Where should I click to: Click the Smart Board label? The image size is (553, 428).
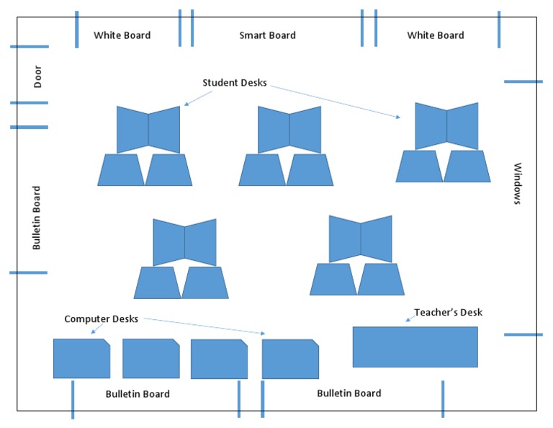[x=267, y=35]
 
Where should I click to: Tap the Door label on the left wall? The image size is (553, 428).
[x=37, y=77]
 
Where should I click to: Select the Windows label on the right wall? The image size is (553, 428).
[x=516, y=184]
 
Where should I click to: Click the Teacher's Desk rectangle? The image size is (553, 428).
[x=415, y=347]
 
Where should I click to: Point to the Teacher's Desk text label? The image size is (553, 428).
[x=448, y=313]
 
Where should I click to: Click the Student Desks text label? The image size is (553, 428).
[x=234, y=83]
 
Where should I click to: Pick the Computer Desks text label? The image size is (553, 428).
[x=101, y=318]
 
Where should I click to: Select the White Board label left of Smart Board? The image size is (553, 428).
[x=122, y=35]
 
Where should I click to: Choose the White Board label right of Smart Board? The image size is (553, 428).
[x=436, y=35]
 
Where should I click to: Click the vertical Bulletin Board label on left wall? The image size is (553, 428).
[x=37, y=218]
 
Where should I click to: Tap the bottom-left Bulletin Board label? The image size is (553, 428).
[x=138, y=393]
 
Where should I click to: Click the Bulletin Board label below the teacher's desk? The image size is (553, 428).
[x=349, y=393]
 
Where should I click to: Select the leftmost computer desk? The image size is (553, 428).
[x=81, y=358]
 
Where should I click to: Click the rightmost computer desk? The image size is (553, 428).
[x=290, y=359]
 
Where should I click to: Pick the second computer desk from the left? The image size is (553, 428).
[x=150, y=358]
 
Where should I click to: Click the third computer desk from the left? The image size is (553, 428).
[x=219, y=359]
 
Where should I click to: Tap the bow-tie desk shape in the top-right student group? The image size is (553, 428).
[x=446, y=125]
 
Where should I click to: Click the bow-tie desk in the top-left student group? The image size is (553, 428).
[x=148, y=130]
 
